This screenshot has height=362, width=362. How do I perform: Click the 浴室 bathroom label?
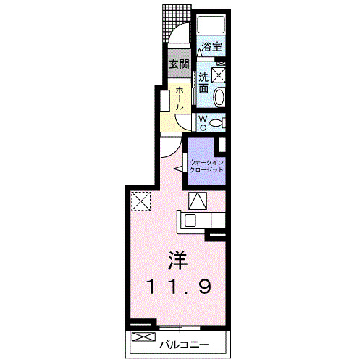(x=211, y=46)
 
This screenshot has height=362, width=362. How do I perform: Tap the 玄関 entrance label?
(x=179, y=64)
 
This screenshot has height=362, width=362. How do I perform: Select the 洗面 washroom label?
(x=203, y=83)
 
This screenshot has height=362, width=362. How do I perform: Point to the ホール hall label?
(x=179, y=98)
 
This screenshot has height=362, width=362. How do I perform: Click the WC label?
(x=203, y=123)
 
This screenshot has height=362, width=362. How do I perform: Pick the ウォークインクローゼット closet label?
(x=206, y=166)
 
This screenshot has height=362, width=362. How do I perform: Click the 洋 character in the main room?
(x=178, y=261)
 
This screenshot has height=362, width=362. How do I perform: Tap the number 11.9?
(x=179, y=287)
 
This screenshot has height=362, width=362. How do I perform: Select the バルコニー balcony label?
(x=184, y=345)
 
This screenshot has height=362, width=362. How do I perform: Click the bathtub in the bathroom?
(x=211, y=25)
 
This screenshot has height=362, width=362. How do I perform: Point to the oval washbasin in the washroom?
(x=219, y=97)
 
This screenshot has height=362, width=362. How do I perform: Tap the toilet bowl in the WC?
(x=216, y=123)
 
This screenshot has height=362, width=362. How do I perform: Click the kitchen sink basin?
(x=190, y=220)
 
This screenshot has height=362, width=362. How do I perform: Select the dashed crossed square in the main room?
(x=140, y=201)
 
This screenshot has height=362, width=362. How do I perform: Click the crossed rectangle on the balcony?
(x=144, y=337)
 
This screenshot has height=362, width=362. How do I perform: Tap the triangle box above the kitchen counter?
(x=198, y=201)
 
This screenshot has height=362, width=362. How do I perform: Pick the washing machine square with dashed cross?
(x=219, y=75)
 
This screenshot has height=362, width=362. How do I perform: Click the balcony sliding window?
(x=180, y=327)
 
